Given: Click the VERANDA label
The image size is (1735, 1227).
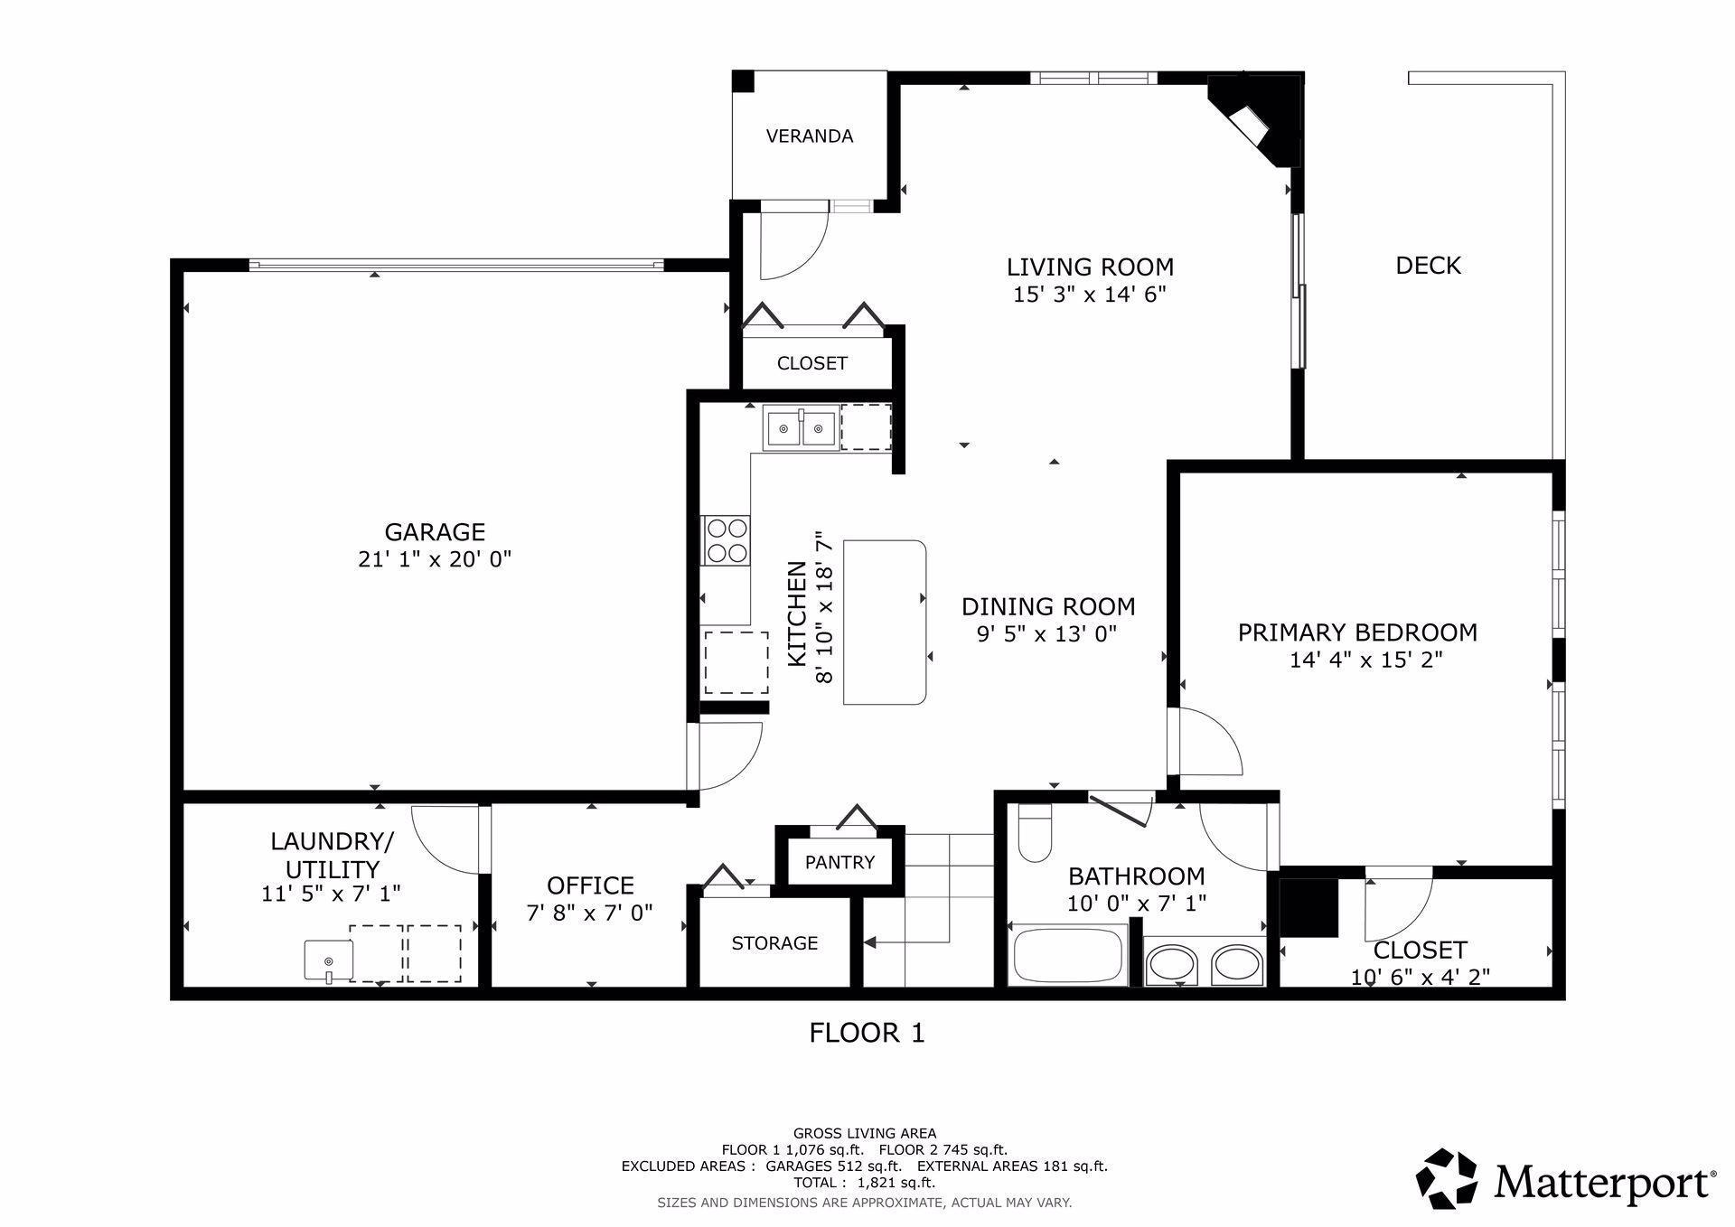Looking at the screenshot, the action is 810,136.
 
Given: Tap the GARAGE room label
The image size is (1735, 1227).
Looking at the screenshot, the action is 435,531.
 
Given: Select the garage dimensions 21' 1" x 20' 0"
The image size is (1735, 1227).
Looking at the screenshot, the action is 435,559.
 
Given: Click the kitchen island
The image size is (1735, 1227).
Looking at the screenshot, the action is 886,623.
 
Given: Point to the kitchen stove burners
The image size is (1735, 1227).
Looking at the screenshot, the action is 727,539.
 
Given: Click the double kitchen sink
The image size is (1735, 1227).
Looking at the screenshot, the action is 802,427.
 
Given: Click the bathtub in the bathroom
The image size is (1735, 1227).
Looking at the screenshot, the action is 1067,955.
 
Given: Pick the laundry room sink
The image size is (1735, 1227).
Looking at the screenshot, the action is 327,960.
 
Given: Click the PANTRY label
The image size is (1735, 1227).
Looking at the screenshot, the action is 839,862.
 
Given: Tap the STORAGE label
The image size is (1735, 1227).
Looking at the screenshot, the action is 774,943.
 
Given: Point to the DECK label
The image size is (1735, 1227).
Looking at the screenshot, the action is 1428,266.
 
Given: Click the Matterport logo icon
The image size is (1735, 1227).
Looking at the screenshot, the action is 1446,1178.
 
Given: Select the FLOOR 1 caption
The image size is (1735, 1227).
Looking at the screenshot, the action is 867,1033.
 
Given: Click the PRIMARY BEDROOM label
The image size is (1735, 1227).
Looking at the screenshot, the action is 1357,632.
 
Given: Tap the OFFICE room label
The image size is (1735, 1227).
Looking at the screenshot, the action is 590,885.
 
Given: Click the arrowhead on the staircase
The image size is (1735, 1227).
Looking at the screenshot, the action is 869,942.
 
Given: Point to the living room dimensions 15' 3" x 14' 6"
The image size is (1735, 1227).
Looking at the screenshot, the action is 1090,295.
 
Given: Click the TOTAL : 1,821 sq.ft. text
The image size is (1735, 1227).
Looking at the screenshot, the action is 864,1182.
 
